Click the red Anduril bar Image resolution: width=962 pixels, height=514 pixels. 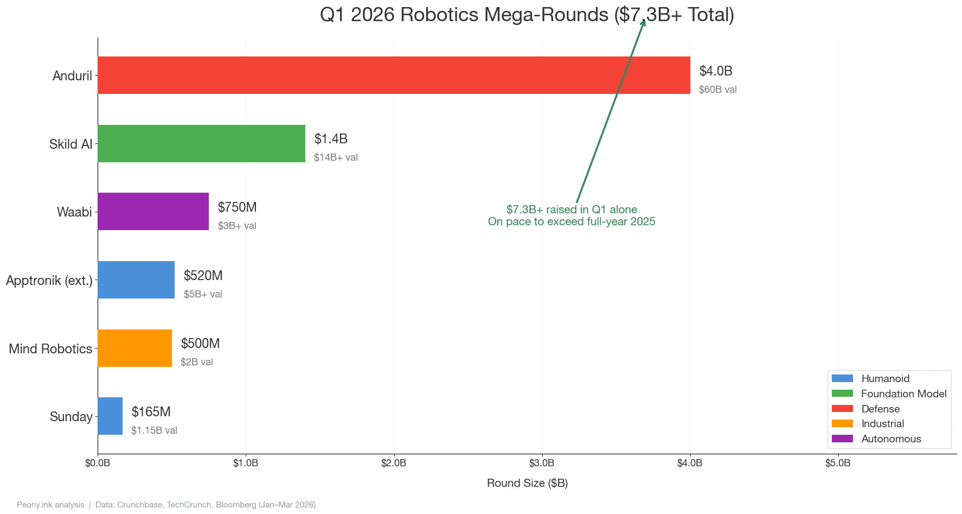click(x=394, y=75)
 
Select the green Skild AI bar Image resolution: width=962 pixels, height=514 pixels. click(x=201, y=144)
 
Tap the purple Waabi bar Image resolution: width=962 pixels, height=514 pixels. click(x=153, y=212)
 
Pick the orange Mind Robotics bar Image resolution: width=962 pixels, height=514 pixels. click(x=134, y=348)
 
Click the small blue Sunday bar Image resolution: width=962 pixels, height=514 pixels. click(x=110, y=416)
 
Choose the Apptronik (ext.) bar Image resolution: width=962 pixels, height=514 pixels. click(x=136, y=280)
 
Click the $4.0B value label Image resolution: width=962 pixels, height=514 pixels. click(x=716, y=71)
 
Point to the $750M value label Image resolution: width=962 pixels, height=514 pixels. click(x=237, y=207)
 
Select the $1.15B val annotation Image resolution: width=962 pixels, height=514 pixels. click(x=154, y=430)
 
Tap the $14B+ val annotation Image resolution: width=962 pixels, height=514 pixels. click(x=336, y=157)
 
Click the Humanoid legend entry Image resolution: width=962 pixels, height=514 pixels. click(x=885, y=379)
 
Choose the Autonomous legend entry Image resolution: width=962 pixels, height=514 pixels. click(x=891, y=439)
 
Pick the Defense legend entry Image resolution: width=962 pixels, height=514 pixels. click(x=880, y=409)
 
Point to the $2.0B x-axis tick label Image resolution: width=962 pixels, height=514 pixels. click(x=394, y=463)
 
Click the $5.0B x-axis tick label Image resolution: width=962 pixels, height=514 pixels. click(x=838, y=463)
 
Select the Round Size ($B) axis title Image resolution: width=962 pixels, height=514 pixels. click(x=527, y=483)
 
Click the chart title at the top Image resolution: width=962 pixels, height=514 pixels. click(x=527, y=15)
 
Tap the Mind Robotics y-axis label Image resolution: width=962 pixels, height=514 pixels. click(x=50, y=348)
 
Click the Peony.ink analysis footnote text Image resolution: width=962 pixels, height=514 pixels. click(x=50, y=505)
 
